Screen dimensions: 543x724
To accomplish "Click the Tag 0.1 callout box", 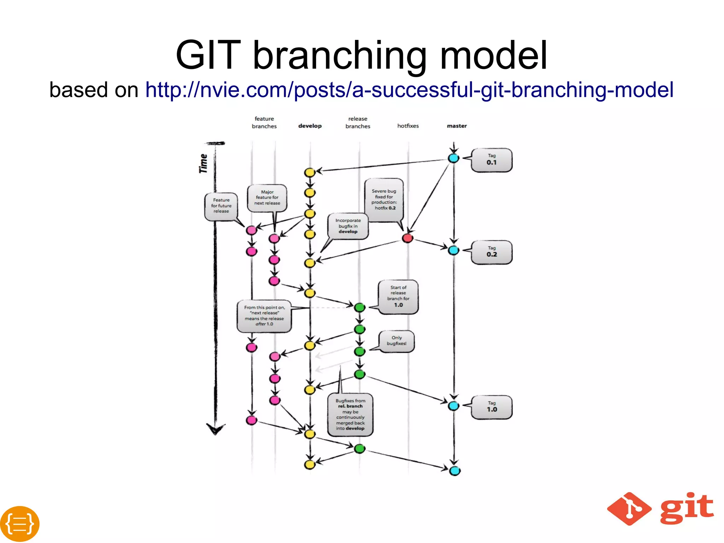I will click(491, 160).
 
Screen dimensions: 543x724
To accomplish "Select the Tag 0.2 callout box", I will click(491, 252).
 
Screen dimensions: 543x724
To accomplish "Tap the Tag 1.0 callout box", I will click(491, 407).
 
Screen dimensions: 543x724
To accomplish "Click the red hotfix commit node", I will click(408, 238).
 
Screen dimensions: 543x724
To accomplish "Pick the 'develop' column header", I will click(310, 126).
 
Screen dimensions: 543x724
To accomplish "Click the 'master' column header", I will click(457, 126).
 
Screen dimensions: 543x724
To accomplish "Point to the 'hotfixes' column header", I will click(408, 126).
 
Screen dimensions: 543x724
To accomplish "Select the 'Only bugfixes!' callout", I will click(396, 341).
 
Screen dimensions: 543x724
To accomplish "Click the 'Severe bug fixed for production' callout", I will click(384, 200).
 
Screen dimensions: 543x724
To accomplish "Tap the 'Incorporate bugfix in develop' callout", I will click(348, 226).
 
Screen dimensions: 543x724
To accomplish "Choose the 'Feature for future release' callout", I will click(221, 206).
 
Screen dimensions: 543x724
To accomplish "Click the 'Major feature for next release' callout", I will click(267, 198).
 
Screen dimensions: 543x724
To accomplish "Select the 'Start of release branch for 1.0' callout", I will click(398, 296).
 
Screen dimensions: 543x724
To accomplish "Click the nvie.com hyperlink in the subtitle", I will click(409, 90).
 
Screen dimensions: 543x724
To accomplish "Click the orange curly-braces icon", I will click(20, 524).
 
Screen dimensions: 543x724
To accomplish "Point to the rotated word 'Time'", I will click(203, 163).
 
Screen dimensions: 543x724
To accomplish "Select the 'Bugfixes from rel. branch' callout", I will click(350, 415).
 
